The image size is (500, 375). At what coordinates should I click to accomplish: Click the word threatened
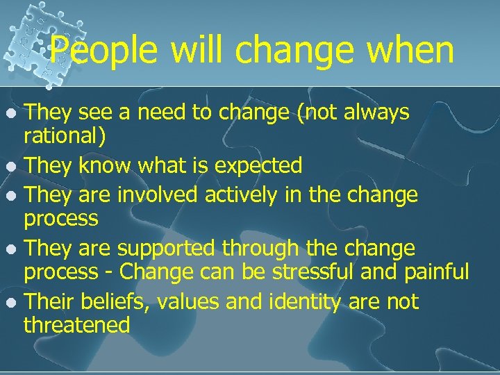click(77, 324)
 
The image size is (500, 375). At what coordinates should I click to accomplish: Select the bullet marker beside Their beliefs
click(10, 303)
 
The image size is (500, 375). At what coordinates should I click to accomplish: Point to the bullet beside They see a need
click(10, 113)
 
